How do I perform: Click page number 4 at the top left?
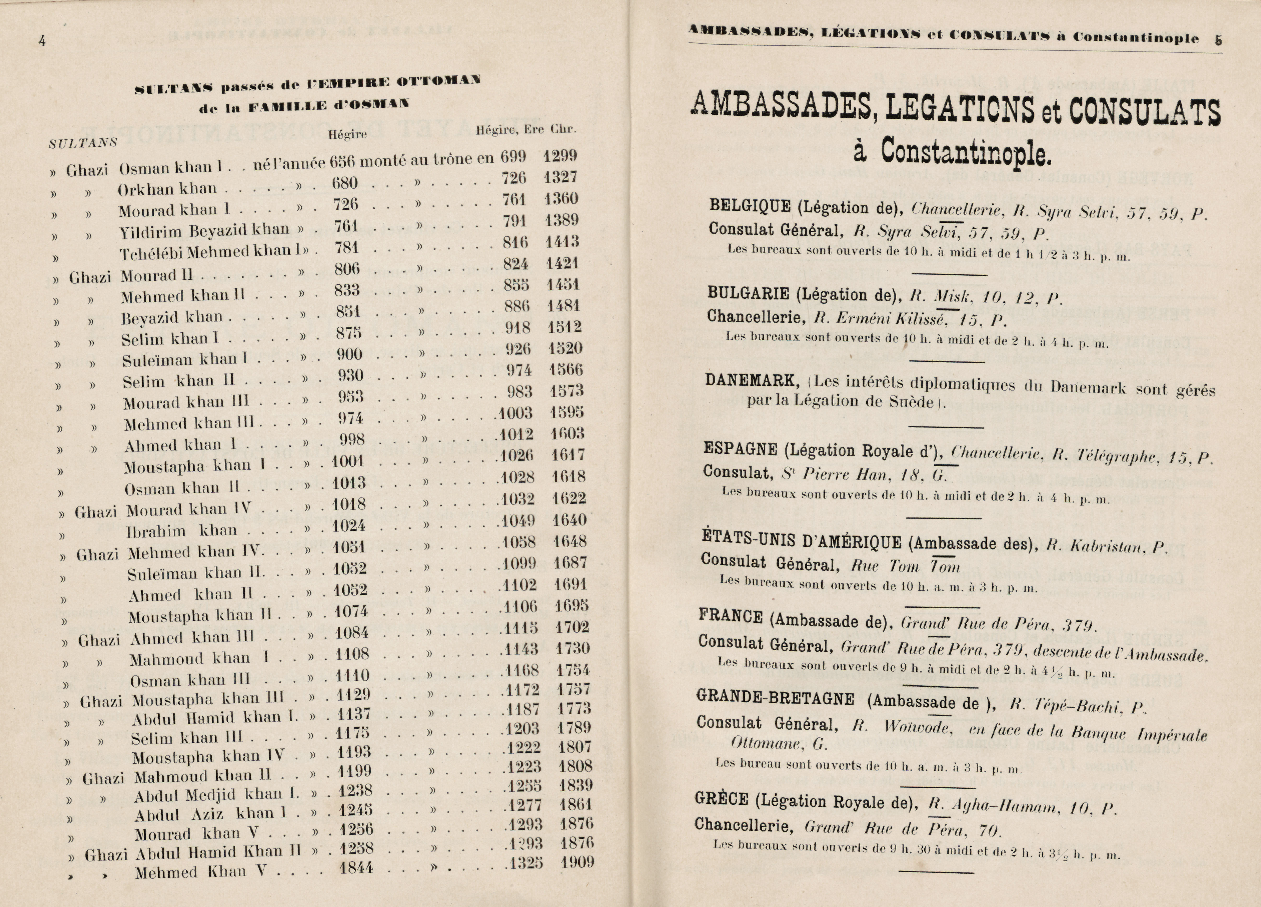click(42, 40)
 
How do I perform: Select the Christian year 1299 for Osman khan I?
click(560, 156)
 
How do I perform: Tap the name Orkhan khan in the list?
click(167, 189)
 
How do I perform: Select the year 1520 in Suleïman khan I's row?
click(565, 349)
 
